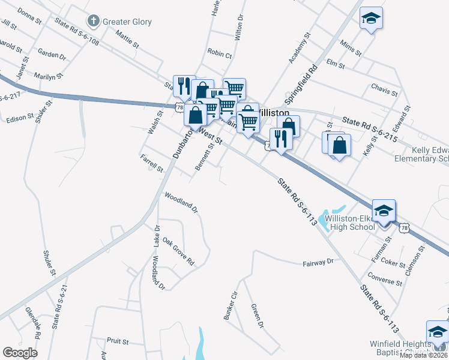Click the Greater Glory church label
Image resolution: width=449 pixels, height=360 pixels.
tap(127, 22)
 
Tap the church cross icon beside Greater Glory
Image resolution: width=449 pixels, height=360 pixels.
tap(93, 22)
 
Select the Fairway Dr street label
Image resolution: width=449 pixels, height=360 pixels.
tap(318, 263)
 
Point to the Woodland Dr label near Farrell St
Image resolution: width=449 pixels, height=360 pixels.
tap(181, 202)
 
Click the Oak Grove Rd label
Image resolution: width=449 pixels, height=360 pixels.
tap(178, 252)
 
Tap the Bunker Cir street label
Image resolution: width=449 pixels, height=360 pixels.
tap(231, 305)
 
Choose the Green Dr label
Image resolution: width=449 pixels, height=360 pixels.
tap(256, 316)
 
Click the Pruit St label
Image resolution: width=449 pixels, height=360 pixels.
tap(118, 341)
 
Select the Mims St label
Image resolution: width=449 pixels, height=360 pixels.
tap(351, 48)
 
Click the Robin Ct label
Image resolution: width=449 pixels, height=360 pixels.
tap(219, 54)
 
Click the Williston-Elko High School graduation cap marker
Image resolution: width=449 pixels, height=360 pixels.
tap(384, 211)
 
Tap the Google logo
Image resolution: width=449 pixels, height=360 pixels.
tap(20, 353)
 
